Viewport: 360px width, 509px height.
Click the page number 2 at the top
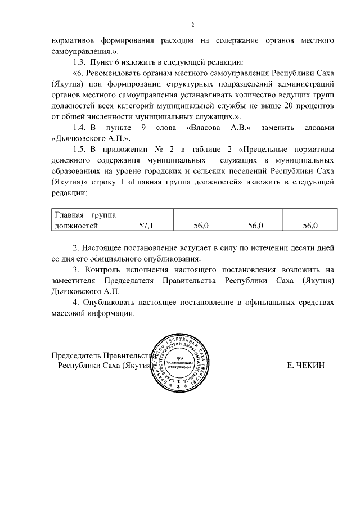pyautogui.click(x=192, y=25)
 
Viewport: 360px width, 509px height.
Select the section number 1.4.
pyautogui.click(x=81, y=128)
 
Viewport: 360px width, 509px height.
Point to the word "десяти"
pyautogui.click(x=299, y=247)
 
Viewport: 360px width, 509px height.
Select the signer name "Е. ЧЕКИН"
pyautogui.click(x=307, y=366)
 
